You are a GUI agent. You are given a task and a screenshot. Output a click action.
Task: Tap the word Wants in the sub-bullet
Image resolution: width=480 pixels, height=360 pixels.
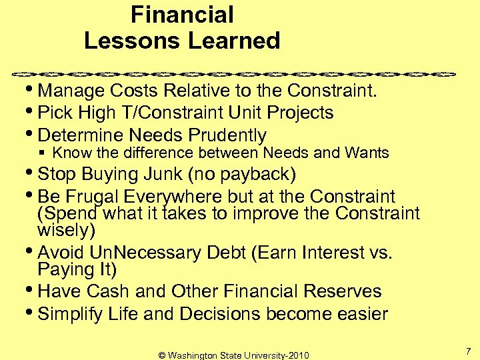367,153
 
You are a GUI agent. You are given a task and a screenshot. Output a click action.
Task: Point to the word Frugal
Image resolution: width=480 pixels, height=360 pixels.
100,197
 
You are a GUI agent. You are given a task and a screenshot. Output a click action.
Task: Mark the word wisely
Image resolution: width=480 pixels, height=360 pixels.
66,231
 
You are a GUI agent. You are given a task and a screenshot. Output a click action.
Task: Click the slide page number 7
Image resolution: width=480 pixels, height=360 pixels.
467,351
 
